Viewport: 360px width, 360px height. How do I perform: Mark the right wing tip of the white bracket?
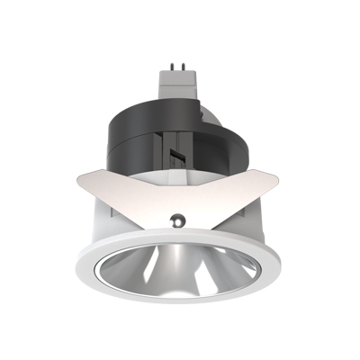(285, 174)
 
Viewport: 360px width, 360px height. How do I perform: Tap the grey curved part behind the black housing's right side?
(236, 144)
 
